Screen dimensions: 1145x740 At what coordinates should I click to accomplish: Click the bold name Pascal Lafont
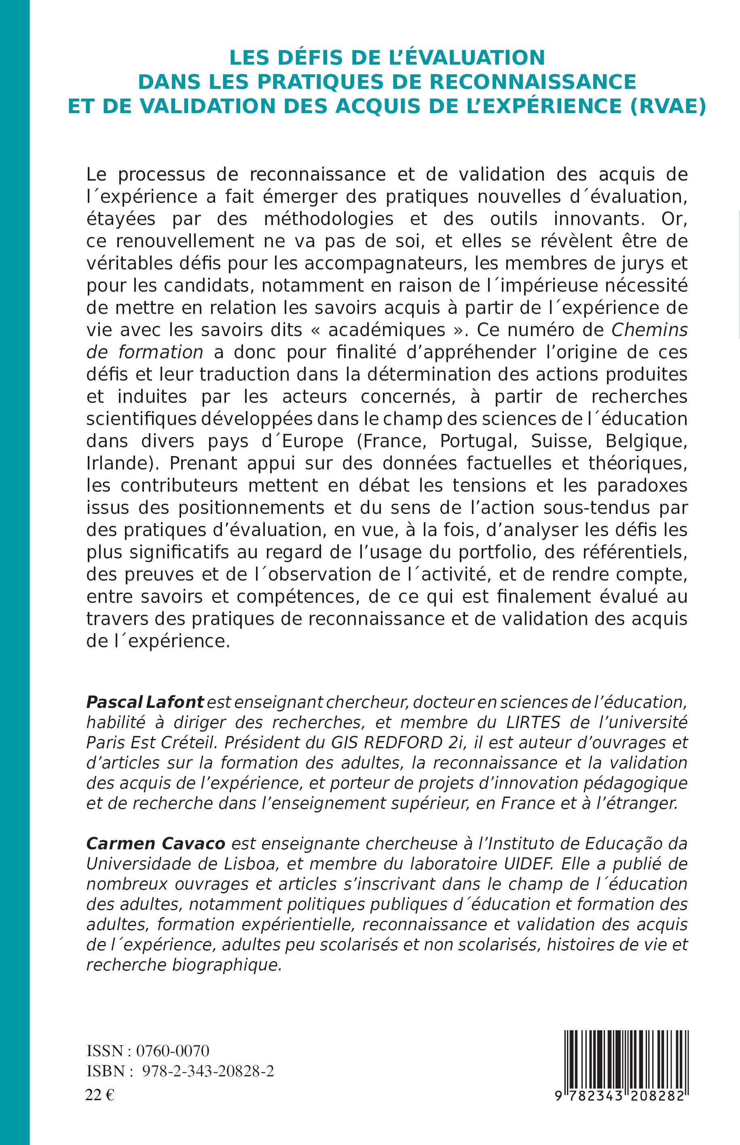pyautogui.click(x=145, y=702)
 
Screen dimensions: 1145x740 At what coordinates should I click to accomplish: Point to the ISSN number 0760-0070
pyautogui.click(x=173, y=1051)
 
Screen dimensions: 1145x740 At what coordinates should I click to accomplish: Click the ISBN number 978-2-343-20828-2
pyautogui.click(x=209, y=1071)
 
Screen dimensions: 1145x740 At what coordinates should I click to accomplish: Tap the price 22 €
pyautogui.click(x=99, y=1092)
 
